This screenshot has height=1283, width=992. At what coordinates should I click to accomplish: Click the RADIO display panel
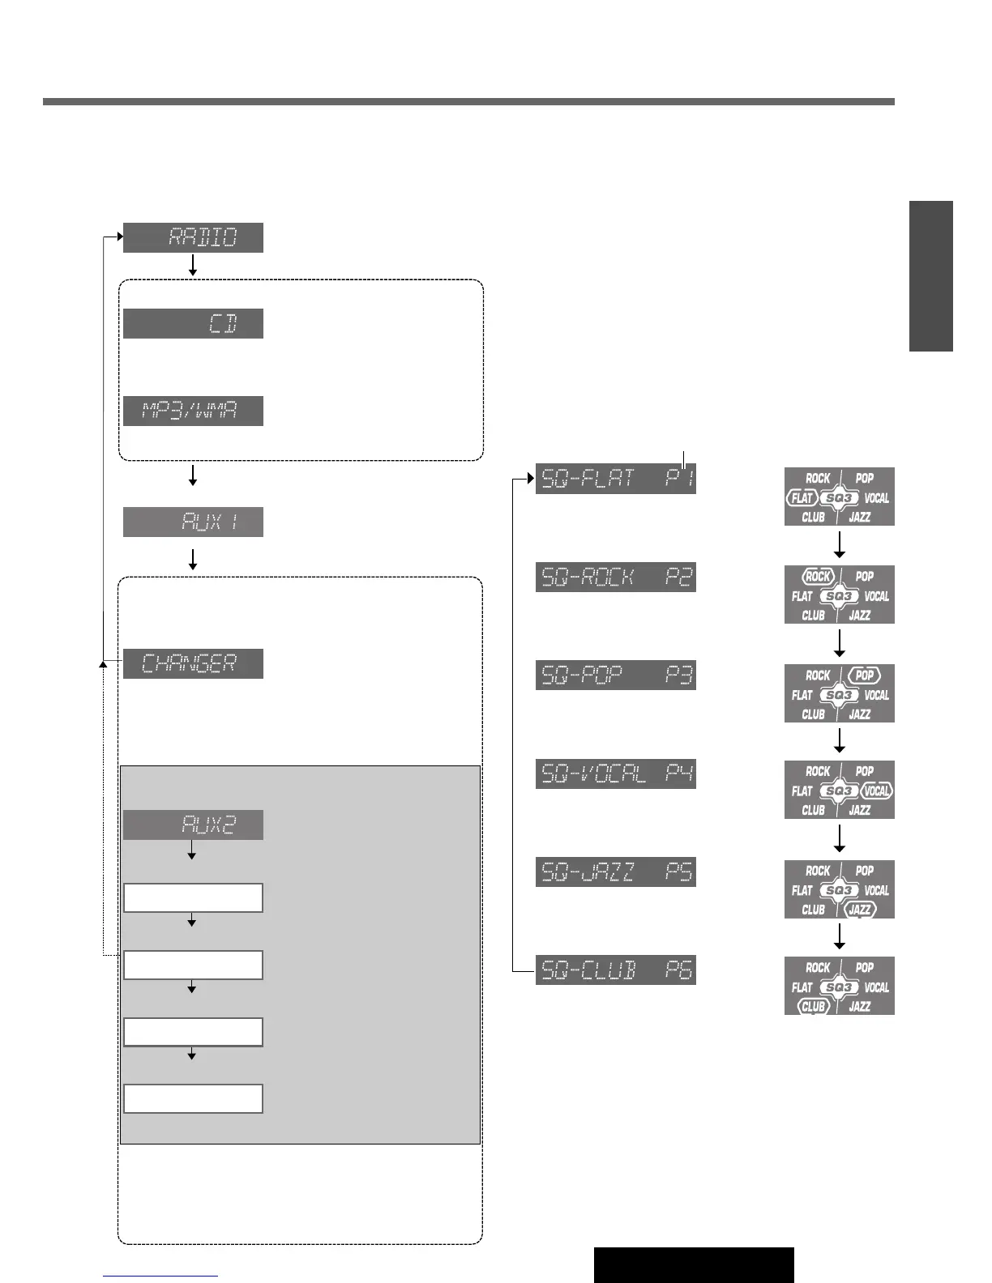(x=193, y=237)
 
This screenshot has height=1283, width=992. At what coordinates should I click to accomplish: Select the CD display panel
(x=193, y=323)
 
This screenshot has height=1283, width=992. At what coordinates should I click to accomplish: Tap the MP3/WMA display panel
(x=193, y=411)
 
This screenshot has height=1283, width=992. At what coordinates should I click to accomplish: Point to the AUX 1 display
(x=193, y=522)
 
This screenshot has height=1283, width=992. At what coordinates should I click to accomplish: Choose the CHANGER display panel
(x=193, y=663)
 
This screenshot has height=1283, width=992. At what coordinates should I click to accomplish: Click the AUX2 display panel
(x=193, y=825)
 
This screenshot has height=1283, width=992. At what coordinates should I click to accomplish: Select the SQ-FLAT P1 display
(x=616, y=479)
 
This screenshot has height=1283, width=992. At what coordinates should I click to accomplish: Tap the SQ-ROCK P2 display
(x=616, y=577)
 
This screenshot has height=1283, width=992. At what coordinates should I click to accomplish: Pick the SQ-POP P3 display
(x=616, y=675)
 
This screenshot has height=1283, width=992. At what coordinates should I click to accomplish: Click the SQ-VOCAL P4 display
(x=616, y=774)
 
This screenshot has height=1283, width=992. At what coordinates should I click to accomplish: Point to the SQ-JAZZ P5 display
(x=616, y=872)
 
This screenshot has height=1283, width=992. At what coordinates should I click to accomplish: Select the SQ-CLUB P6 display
(x=616, y=970)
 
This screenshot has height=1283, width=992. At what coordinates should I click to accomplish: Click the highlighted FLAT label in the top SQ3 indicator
(x=802, y=498)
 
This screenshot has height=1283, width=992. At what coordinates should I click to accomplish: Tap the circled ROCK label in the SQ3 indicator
(x=818, y=577)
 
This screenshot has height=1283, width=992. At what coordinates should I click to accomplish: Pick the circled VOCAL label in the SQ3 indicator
(x=876, y=791)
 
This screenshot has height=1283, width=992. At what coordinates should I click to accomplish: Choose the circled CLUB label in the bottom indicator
(x=813, y=1007)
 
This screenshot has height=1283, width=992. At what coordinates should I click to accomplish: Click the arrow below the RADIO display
(x=193, y=265)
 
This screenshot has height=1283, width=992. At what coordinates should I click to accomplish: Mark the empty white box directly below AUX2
(x=193, y=897)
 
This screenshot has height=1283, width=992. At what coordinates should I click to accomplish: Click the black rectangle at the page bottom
(x=693, y=1264)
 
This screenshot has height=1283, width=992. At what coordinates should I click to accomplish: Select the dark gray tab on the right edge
(x=930, y=275)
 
